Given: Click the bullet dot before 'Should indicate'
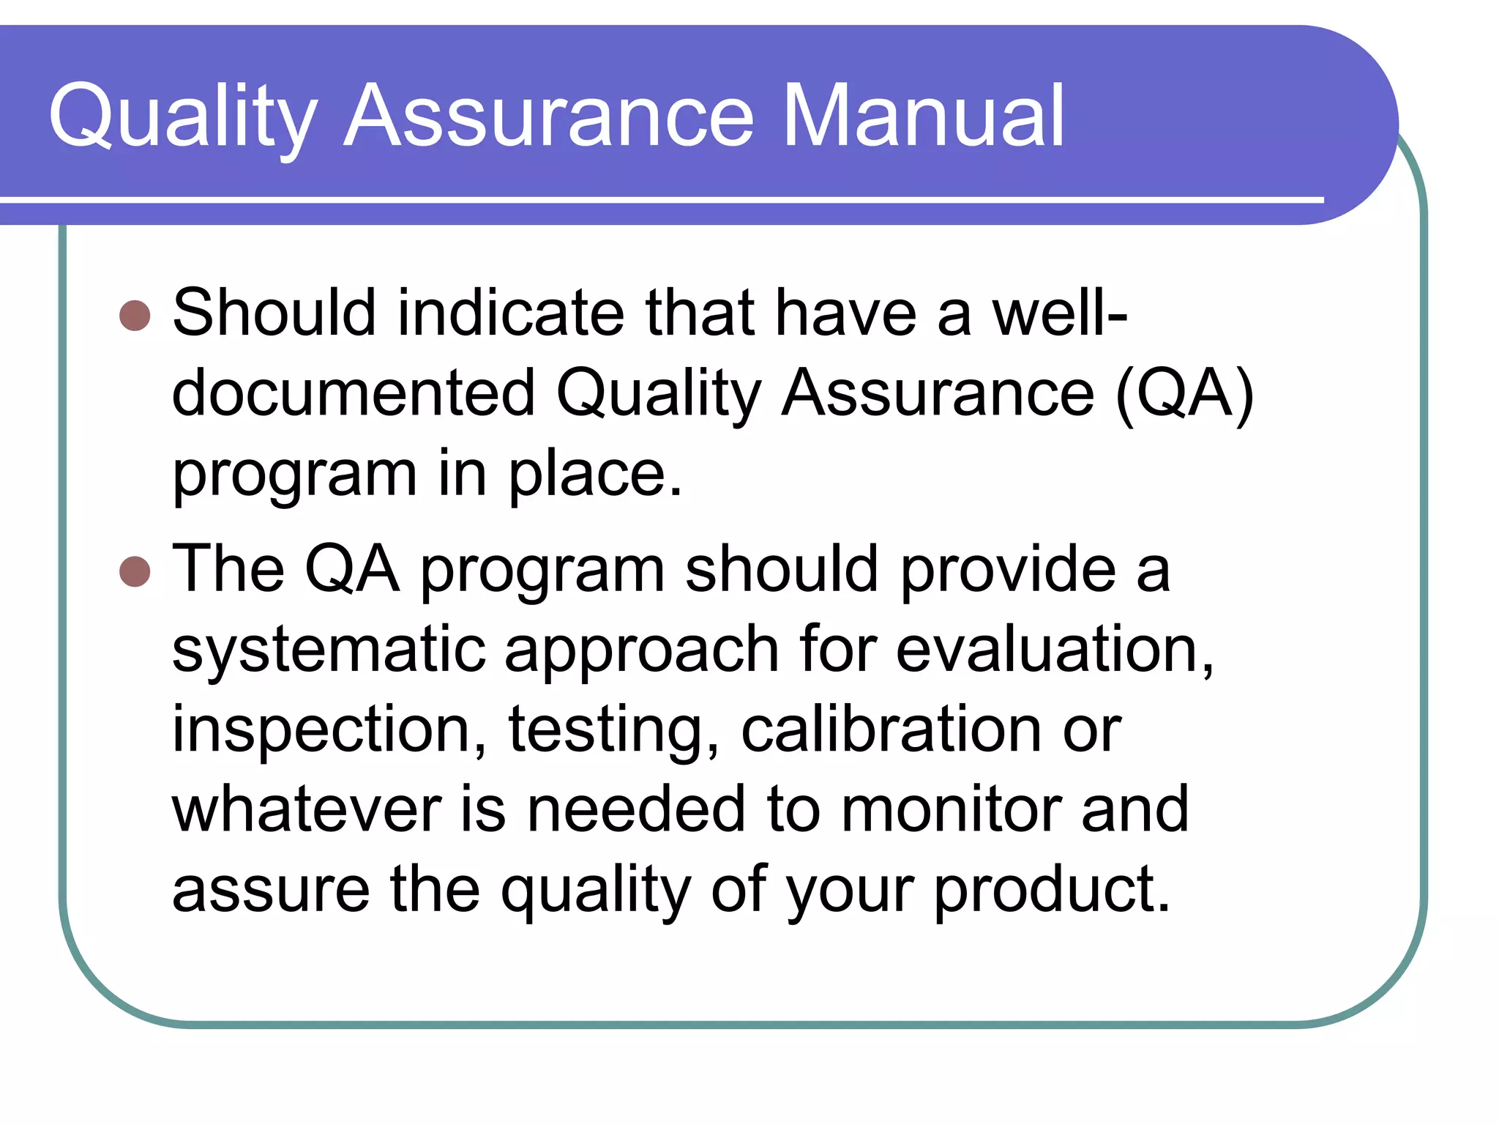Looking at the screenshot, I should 135,316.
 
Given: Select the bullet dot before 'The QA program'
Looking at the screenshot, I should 135,571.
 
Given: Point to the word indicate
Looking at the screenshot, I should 511,313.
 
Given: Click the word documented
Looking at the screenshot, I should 354,393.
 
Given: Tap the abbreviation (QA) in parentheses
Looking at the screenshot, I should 1184,393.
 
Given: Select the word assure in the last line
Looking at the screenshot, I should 271,889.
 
